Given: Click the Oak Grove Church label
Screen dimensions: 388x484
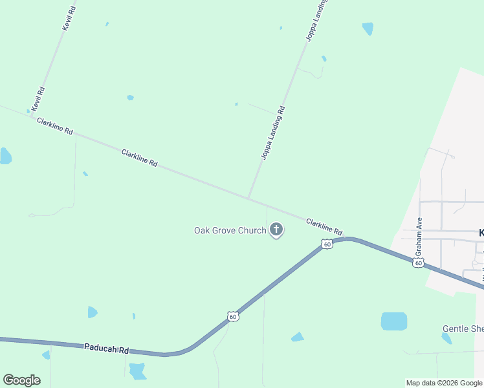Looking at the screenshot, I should pos(230,230).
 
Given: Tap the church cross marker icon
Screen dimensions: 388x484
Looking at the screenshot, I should pos(276,229).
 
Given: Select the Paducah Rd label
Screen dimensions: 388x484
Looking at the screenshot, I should pos(107,349).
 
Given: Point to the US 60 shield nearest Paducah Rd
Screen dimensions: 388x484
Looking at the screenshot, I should pos(233,316).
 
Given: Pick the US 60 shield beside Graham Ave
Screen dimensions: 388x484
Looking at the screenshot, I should pos(419,263).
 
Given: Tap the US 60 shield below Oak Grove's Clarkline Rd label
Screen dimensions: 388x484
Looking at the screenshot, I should pos(327,244).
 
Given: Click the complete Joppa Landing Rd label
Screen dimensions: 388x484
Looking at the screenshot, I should pos(273,133).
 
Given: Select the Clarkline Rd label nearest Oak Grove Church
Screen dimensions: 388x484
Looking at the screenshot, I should pos(324,226).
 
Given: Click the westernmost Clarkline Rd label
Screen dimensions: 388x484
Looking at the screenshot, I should pos(55,126).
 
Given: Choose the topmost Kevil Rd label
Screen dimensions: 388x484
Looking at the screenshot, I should pos(69,19).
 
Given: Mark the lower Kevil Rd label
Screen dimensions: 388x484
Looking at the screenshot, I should pos(38,98).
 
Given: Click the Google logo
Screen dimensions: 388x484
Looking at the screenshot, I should pos(21,380).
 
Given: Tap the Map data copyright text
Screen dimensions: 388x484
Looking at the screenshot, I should pos(443,383).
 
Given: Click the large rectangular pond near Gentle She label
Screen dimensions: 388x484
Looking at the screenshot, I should pos(393,321).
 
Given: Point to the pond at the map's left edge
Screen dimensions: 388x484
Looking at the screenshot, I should pos(5,156).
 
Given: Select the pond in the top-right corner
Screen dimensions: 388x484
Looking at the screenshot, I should pos(368,28).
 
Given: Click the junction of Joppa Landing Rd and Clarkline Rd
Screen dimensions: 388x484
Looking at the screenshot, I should pos(248,198).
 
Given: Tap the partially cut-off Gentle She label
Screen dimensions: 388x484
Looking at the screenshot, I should pos(463,329).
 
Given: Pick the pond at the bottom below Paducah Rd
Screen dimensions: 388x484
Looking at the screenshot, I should pos(137,371).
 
